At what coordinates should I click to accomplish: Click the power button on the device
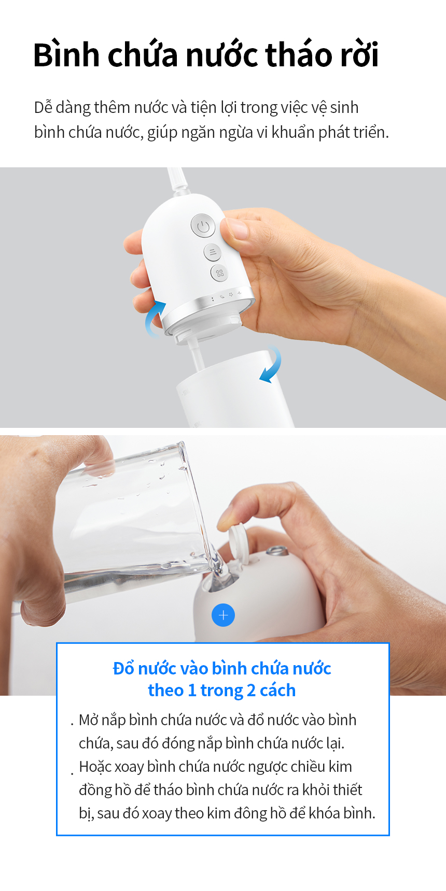(203, 226)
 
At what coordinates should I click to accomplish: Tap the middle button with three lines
(212, 252)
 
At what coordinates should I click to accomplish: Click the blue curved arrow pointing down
(271, 364)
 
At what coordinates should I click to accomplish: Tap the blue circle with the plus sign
(224, 615)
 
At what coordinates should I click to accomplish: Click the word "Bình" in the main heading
(66, 55)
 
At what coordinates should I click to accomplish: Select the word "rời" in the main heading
(359, 55)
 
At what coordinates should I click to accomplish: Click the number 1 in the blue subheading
(192, 691)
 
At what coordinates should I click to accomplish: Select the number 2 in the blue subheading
(251, 691)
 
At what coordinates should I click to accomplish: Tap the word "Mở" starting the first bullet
(89, 720)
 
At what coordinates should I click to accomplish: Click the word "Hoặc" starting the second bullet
(95, 767)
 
